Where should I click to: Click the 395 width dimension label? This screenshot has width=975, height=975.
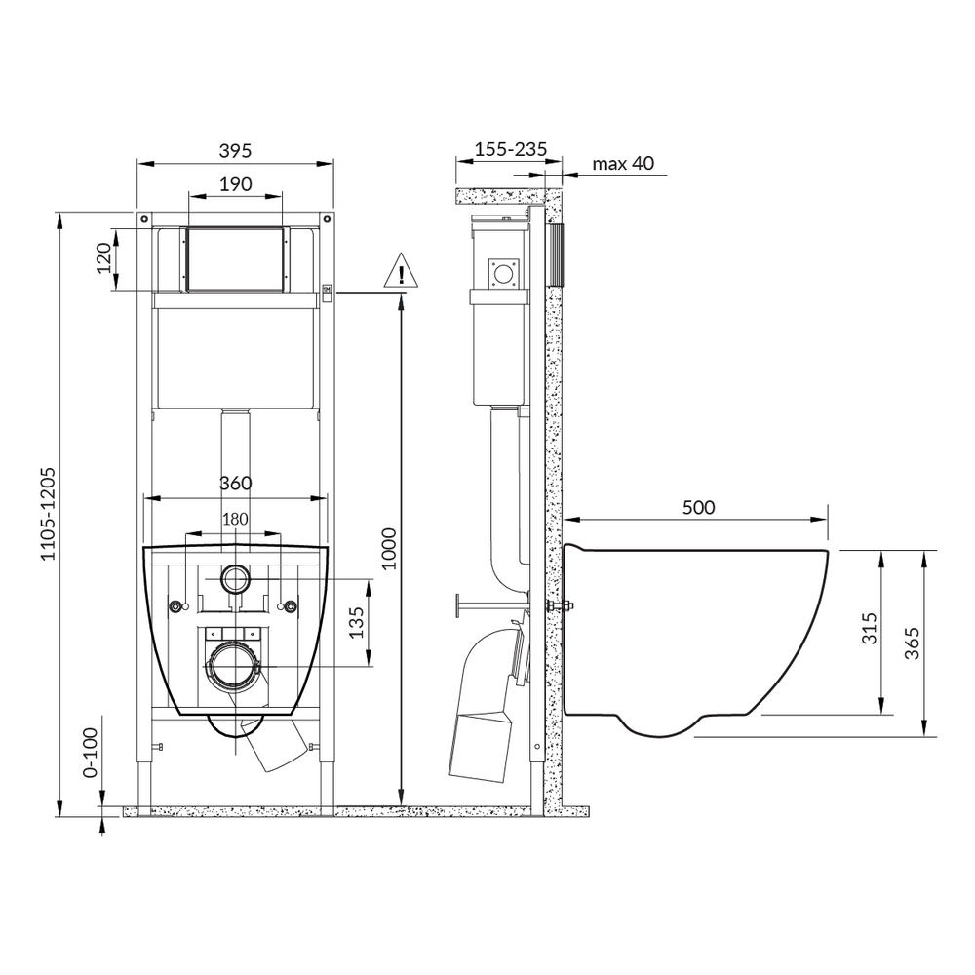(x=235, y=150)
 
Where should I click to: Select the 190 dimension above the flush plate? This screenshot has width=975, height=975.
(x=236, y=184)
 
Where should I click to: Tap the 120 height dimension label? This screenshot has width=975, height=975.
(x=103, y=257)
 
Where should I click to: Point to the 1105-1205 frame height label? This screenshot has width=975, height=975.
(x=48, y=514)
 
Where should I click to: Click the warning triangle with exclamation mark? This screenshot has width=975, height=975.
(x=401, y=270)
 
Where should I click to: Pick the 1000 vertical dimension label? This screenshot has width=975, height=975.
(x=389, y=548)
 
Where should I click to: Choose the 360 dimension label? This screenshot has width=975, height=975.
(x=235, y=484)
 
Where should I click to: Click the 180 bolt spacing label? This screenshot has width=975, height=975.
(x=235, y=519)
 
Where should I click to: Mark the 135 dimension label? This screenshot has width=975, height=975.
(x=356, y=622)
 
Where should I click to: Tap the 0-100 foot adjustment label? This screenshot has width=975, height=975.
(x=91, y=753)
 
